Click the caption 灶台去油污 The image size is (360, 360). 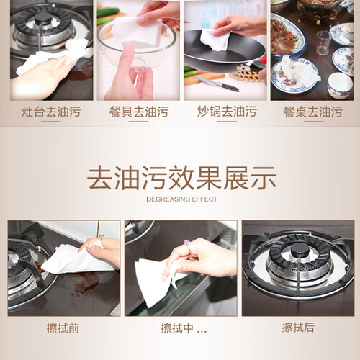(51, 112)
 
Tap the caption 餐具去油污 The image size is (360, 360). (139, 112)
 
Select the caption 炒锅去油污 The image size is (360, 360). (227, 112)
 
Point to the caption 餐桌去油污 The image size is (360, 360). (313, 112)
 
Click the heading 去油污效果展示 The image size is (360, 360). (181, 178)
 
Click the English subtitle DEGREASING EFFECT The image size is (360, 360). (181, 199)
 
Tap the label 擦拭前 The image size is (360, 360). (63, 328)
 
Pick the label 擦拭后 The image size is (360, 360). (298, 328)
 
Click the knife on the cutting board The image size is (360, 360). (217, 84)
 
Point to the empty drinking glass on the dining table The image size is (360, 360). (323, 43)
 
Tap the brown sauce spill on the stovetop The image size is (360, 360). (87, 283)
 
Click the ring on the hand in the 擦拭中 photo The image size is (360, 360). (187, 245)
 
